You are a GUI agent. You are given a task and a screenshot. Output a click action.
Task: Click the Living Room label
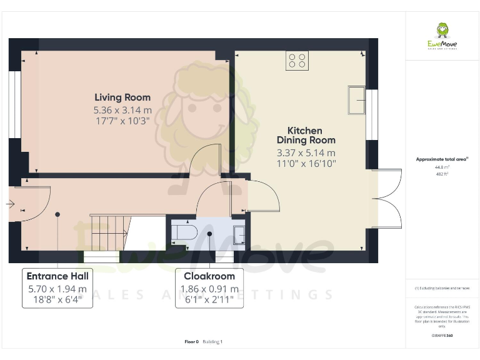[x=122, y=97]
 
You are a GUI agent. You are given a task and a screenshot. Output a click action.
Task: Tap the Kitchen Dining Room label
[x=306, y=136]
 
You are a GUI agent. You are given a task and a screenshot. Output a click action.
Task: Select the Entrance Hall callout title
[x=57, y=276]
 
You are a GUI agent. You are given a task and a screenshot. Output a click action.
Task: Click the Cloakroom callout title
[x=209, y=276]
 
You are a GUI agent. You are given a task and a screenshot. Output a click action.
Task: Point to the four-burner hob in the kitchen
[x=297, y=61]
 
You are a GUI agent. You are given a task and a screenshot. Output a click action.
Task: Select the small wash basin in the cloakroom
[x=239, y=234]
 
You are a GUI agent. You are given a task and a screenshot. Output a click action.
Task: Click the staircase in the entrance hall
[x=110, y=232]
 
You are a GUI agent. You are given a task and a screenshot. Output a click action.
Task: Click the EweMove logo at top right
[x=442, y=34]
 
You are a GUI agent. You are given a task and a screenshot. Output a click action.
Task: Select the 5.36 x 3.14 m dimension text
[x=122, y=109]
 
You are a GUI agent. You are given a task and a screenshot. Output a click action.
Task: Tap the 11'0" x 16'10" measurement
[x=306, y=164]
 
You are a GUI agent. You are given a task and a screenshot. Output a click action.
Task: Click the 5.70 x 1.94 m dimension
[x=57, y=289]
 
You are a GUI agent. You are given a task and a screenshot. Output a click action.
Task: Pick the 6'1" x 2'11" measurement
[x=209, y=300]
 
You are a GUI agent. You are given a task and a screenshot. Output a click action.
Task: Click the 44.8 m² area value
[x=442, y=167]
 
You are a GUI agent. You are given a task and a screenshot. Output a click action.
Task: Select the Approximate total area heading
[x=442, y=159]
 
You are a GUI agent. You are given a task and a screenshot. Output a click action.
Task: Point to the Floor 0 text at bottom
[x=191, y=342]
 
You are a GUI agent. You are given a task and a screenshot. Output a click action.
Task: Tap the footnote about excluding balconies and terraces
[x=442, y=288]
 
